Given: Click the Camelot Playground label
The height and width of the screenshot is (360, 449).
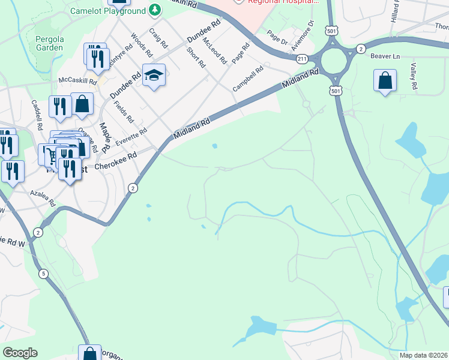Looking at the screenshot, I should pos(108,11).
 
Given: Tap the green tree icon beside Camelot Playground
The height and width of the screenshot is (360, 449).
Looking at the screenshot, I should pos(155,10).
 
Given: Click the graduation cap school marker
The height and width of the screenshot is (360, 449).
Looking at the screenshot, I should pos(154,75).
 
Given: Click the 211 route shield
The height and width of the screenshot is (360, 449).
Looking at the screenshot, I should pos(302,58).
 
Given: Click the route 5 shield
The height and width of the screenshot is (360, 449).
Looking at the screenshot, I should pos(43,274).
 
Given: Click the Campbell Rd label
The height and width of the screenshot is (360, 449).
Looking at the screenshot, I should pos(248,78).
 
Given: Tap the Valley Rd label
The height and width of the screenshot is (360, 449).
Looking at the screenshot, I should pos(414,76).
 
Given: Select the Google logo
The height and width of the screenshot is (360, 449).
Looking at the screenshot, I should pos(20,353).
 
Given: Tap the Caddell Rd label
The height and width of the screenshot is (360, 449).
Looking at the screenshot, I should pos(37,115).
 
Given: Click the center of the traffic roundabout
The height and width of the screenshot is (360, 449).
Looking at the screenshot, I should pos(334,60).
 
